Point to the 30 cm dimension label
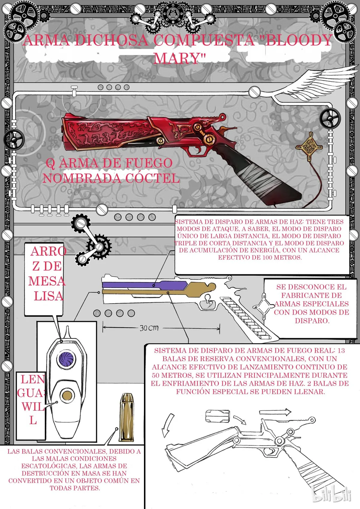coord(149,328)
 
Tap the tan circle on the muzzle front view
coord(67,396)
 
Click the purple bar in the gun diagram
coord(145,285)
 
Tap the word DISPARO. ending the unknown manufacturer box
coord(312,321)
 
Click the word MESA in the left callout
coord(47,281)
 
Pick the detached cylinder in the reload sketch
coord(217,416)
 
